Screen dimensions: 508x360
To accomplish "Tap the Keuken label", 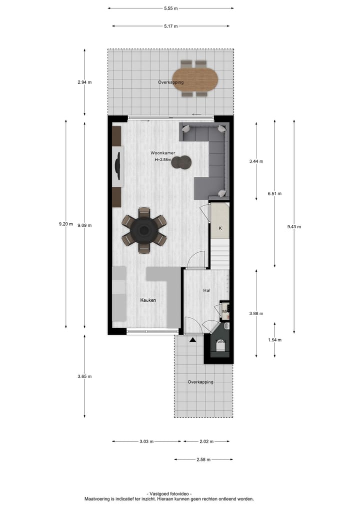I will tap(148, 300).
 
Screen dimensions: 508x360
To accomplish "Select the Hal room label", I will tap(206, 290).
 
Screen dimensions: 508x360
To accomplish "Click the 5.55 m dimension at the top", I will tap(170, 8).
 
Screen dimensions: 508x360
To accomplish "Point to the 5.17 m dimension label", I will tap(170, 26).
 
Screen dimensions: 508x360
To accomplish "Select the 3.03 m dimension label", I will tap(146, 442).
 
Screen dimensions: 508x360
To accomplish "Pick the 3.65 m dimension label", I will tap(84, 377).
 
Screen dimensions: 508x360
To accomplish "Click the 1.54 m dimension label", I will tap(274, 340).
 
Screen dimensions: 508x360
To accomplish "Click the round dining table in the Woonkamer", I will tap(144, 230).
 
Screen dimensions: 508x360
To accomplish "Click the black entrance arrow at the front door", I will tap(192, 340).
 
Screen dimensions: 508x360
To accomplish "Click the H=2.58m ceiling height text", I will tap(163, 160).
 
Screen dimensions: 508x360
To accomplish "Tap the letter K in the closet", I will tap(220, 228).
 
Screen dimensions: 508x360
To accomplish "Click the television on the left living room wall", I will tap(118, 165).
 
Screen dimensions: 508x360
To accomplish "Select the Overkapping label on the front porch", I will tap(200, 382).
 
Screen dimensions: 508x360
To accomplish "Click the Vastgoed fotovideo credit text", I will tap(169, 494).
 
